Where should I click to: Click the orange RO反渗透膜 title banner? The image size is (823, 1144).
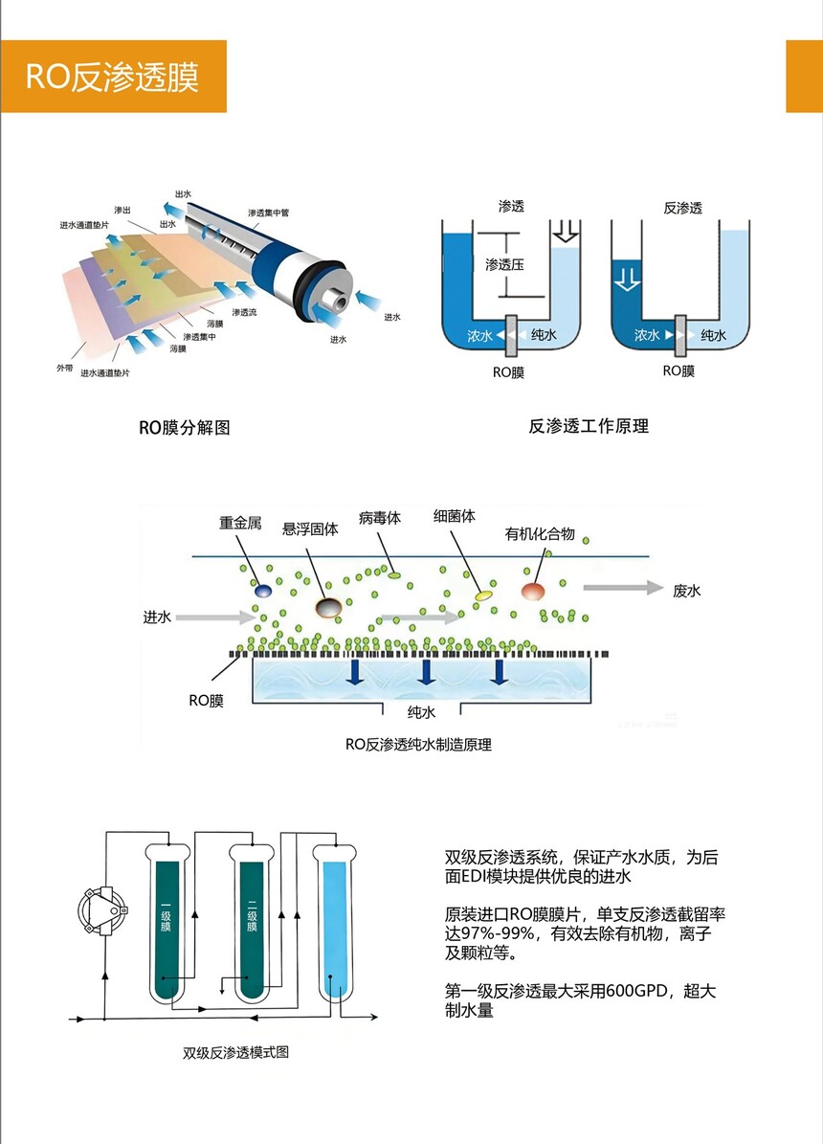(x=113, y=77)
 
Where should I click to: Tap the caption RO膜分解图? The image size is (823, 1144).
(x=185, y=428)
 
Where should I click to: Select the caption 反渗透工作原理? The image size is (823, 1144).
(x=589, y=425)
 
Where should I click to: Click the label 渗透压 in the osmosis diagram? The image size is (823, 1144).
(x=504, y=264)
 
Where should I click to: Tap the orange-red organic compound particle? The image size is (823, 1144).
(x=533, y=591)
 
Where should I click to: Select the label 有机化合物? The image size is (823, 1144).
(x=541, y=533)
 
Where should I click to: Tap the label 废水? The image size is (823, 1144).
(x=687, y=591)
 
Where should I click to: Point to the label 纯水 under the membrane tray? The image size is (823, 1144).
(x=422, y=712)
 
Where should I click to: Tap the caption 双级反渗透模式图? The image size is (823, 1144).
(x=235, y=1053)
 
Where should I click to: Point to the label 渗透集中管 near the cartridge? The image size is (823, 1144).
(x=275, y=212)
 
